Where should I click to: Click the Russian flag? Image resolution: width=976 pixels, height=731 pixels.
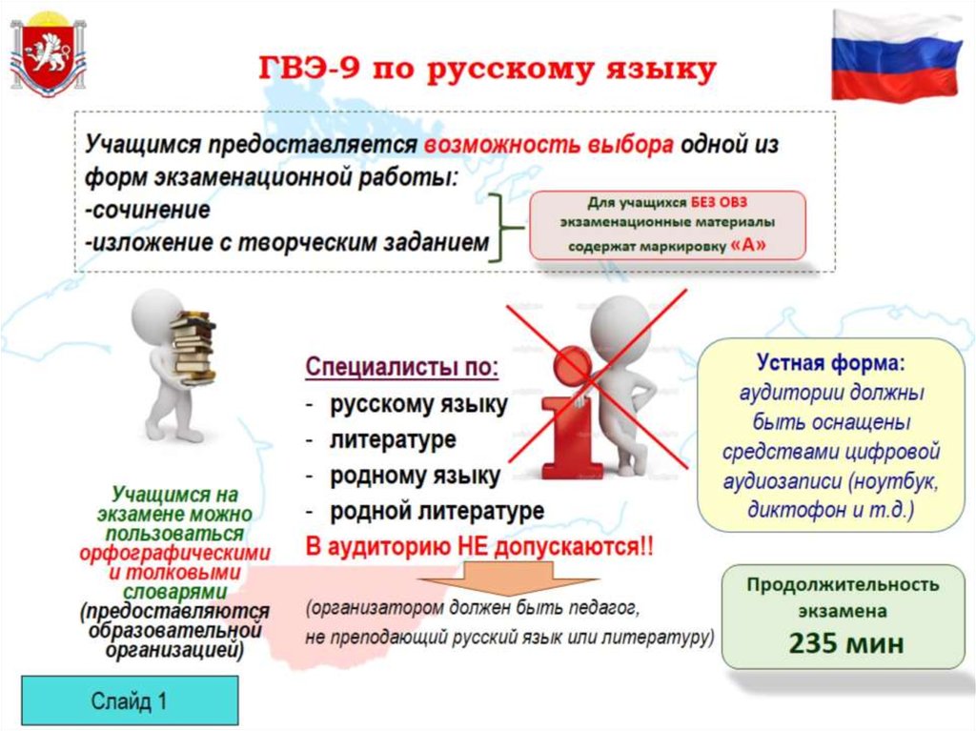coord(896,56)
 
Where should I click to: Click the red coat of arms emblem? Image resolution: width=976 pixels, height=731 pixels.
coord(48,57)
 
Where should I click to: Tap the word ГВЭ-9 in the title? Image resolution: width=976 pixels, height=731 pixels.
coord(310,69)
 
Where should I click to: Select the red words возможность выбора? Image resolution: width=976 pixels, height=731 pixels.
coord(548,145)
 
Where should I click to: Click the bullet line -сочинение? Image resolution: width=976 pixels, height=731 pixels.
coord(148,210)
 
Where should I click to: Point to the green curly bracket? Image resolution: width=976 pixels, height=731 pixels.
coord(503,227)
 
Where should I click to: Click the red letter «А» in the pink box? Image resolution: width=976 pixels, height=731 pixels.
coord(748,245)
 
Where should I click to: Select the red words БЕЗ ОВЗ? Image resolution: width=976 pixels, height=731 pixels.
coord(719,202)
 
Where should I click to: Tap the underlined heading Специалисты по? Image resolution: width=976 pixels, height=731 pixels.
coord(402,367)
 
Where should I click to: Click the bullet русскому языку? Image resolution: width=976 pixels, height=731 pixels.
coord(418,405)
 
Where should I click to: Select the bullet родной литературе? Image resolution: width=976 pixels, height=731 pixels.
coord(437,511)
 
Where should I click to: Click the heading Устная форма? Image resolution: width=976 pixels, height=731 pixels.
coord(831,362)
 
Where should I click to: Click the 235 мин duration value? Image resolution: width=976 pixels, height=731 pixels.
coord(846,643)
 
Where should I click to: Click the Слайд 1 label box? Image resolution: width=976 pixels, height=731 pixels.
coord(130,701)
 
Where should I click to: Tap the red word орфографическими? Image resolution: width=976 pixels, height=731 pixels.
coord(175,553)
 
